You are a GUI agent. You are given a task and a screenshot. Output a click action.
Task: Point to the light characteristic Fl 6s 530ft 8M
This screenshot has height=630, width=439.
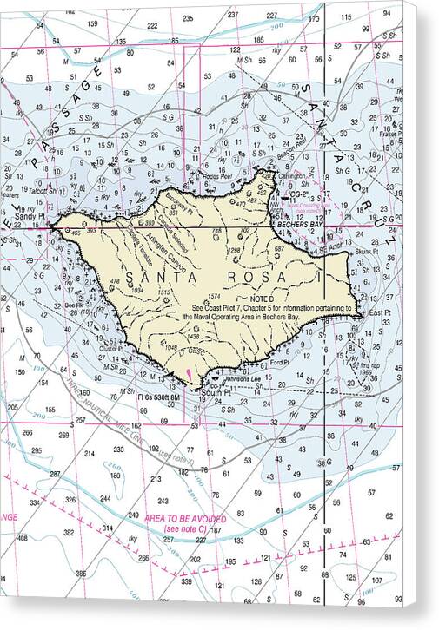click(x=155, y=401)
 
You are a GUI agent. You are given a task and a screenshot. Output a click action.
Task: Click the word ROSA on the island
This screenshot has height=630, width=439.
click(x=258, y=277)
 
